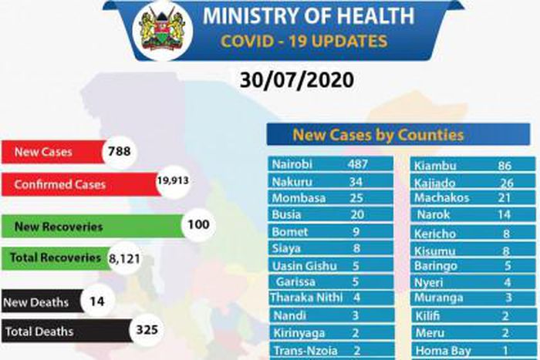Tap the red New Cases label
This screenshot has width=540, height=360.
pos(43,152)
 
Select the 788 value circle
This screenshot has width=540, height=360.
pos(119,151)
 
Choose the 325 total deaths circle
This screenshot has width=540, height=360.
pos(146,331)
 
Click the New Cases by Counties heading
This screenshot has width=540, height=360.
pos(378,136)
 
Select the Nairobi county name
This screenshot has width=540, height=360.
pos(292,164)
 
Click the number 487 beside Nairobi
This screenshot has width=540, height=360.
pos(358,164)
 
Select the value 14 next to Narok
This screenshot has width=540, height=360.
pos(505,214)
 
